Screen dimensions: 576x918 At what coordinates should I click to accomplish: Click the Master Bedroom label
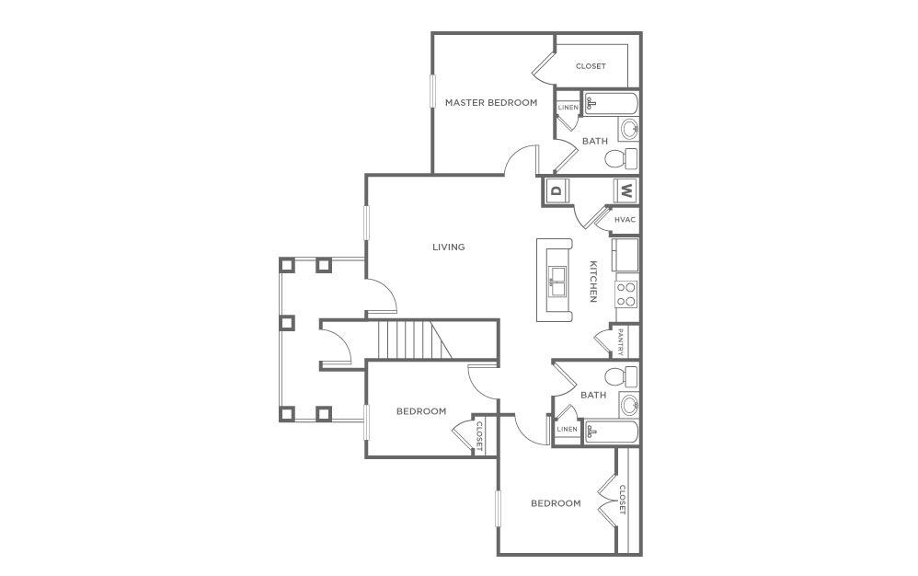coord(490,103)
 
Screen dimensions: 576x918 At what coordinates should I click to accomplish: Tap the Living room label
coord(449,247)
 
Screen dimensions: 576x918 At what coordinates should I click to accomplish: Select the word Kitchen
coord(593,281)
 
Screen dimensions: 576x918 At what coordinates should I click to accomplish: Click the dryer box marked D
coord(556,191)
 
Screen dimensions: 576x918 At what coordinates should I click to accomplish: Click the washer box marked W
coord(625,191)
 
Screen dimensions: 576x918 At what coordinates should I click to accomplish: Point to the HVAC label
coord(625,220)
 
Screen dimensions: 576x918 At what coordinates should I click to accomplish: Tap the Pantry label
coord(621,341)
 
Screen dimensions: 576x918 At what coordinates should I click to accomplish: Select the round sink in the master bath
coord(629,128)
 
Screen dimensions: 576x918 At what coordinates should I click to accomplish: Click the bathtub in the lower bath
coord(611,432)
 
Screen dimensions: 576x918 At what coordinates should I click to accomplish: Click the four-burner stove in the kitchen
coord(626,294)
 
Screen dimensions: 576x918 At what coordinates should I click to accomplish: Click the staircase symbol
coord(410,341)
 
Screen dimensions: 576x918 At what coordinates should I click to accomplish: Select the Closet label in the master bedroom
coord(591,66)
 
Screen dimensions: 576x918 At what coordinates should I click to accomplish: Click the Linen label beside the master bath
coord(568,108)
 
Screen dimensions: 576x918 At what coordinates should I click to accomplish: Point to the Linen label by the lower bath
coord(567,430)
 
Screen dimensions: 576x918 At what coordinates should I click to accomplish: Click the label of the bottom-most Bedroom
coord(556,503)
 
